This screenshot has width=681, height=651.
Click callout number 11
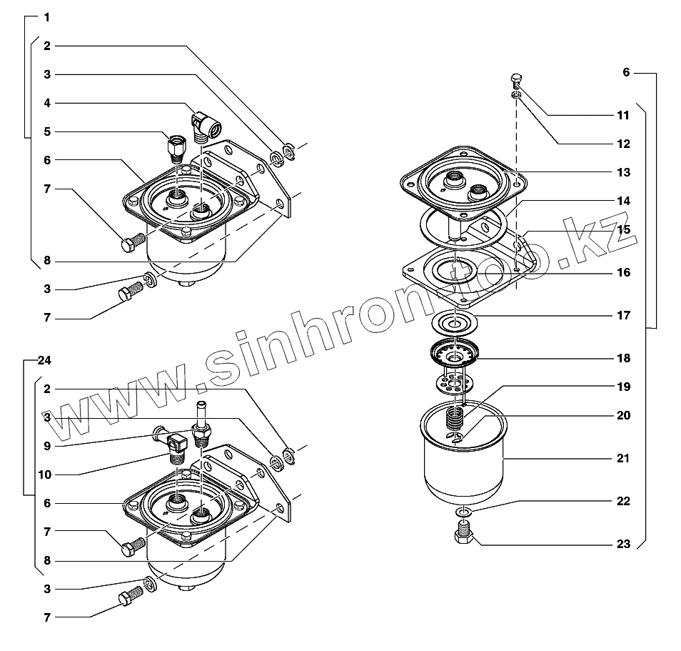(623, 115)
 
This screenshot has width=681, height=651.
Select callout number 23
(623, 544)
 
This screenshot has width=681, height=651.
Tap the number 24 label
(44, 360)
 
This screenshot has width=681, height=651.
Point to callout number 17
(623, 315)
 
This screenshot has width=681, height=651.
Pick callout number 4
(47, 103)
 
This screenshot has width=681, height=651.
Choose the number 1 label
(47, 16)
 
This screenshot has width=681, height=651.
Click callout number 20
(623, 415)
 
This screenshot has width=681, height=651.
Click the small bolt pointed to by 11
(517, 81)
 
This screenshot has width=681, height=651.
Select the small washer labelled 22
(463, 512)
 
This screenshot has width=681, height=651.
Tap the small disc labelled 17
(455, 323)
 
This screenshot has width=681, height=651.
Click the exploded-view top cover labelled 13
(464, 182)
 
